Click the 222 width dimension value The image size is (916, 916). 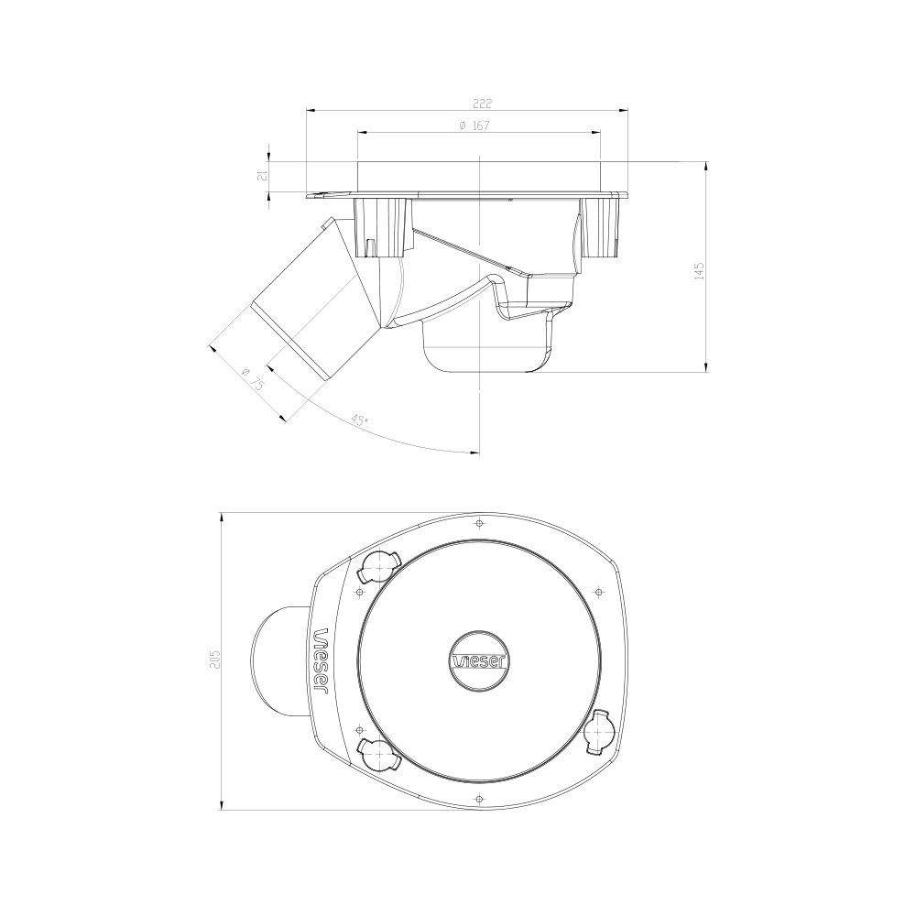pos(466,103)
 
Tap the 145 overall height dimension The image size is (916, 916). pos(699,270)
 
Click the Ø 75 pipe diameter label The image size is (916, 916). pos(253,379)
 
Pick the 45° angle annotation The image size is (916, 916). pos(360,420)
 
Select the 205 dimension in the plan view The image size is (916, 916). pos(215,660)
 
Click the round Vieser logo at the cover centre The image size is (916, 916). pos(479,660)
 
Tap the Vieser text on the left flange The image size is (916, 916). pos(322,660)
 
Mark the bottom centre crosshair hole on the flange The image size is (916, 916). pos(479,800)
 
